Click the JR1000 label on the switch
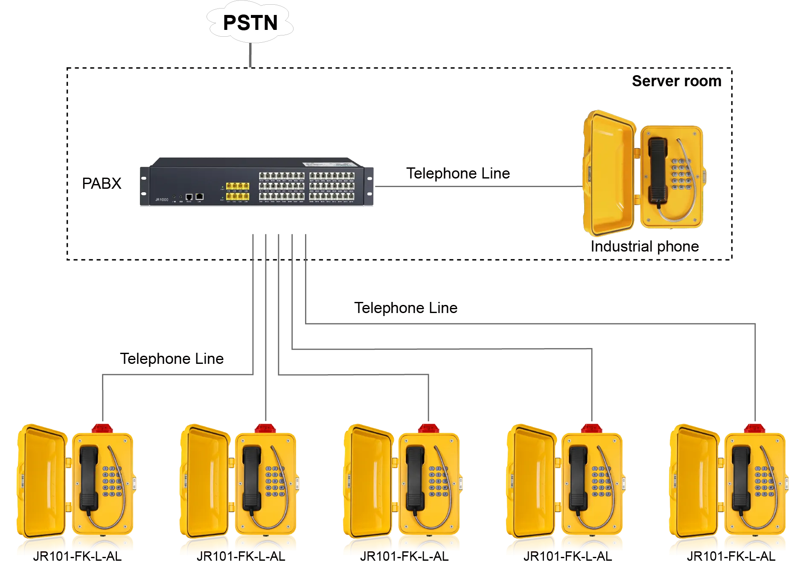click(162, 199)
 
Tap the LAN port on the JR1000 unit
click(199, 196)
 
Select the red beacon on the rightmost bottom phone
click(756, 428)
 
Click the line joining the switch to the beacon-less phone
click(478, 186)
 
